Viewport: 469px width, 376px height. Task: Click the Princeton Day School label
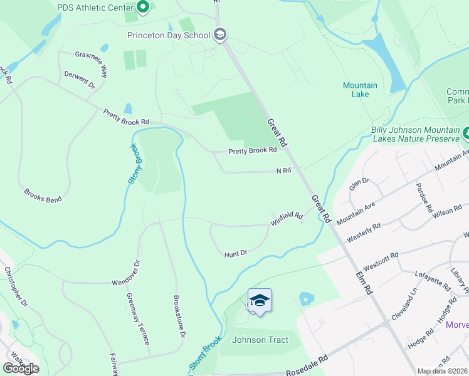click(168, 35)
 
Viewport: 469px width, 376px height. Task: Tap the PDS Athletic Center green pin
click(142, 8)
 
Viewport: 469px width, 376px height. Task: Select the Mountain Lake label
click(360, 90)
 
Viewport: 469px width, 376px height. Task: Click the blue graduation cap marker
click(260, 301)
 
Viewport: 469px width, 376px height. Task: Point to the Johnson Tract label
click(260, 340)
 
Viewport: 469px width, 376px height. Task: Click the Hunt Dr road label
click(236, 253)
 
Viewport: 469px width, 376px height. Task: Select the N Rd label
click(284, 170)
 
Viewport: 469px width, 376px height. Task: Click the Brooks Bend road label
click(43, 196)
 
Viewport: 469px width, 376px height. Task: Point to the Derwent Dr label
click(79, 79)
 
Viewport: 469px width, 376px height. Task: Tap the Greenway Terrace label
click(137, 319)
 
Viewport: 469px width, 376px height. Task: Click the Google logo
click(21, 368)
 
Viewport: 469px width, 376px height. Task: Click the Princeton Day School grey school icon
click(219, 34)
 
